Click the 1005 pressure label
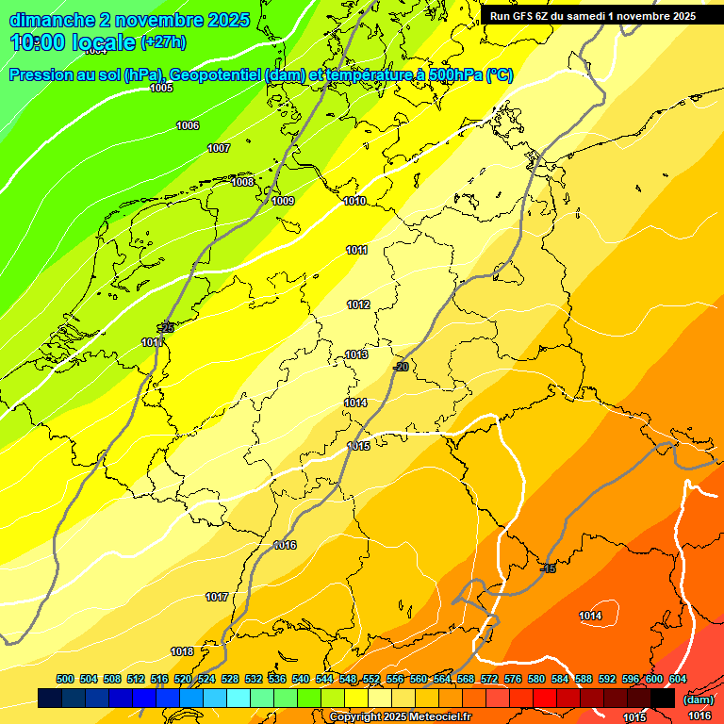161,88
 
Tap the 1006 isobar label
188,125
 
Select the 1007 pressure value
219,148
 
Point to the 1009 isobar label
283,201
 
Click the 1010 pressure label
354,201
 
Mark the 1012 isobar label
358,304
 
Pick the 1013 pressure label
355,354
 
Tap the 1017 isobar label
217,597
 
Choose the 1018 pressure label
182,651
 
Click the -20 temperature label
401,367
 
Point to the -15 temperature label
548,568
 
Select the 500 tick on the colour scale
65,680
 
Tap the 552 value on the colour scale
371,680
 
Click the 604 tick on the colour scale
678,680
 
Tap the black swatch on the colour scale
663,699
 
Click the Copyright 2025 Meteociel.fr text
400,717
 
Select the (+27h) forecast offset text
163,42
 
